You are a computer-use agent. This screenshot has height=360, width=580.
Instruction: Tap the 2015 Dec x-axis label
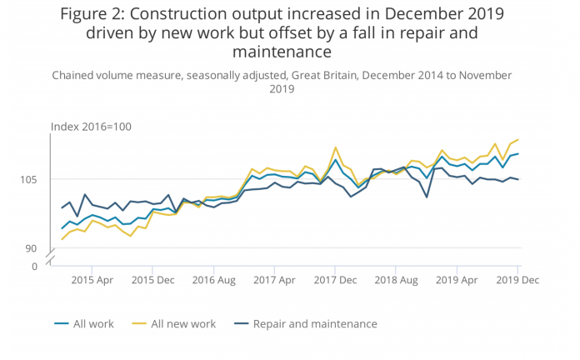coord(152,281)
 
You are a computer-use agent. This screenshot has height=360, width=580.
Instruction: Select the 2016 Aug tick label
coord(213,281)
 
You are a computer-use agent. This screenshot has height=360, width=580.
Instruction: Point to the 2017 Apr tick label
coord(274,281)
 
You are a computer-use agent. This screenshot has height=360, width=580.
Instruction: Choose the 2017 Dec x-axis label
coord(335,281)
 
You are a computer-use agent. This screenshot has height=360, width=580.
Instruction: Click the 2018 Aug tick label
coord(396,281)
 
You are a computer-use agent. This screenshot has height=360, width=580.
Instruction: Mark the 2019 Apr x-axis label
coord(457,281)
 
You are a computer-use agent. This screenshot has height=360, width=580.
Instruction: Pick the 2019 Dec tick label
coord(517,281)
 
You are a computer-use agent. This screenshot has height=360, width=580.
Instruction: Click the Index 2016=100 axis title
coord(92,127)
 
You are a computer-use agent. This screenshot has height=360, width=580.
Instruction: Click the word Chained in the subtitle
coord(77,76)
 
